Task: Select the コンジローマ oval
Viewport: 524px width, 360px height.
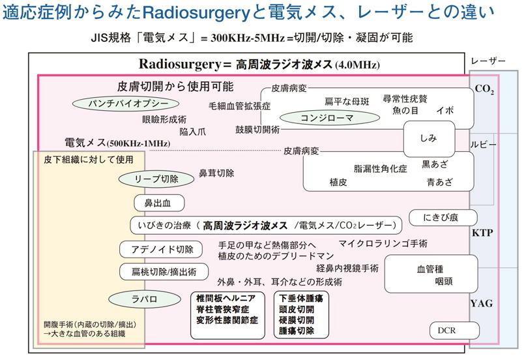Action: (x=327, y=118)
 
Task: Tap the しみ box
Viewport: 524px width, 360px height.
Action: (x=428, y=138)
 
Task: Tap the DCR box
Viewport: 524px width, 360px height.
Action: (x=448, y=331)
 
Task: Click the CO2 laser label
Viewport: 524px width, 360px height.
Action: (x=484, y=89)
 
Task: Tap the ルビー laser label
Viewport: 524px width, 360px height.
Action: (x=483, y=144)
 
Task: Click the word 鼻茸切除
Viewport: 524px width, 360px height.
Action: (x=216, y=173)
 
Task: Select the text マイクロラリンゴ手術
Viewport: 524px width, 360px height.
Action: (x=383, y=243)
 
